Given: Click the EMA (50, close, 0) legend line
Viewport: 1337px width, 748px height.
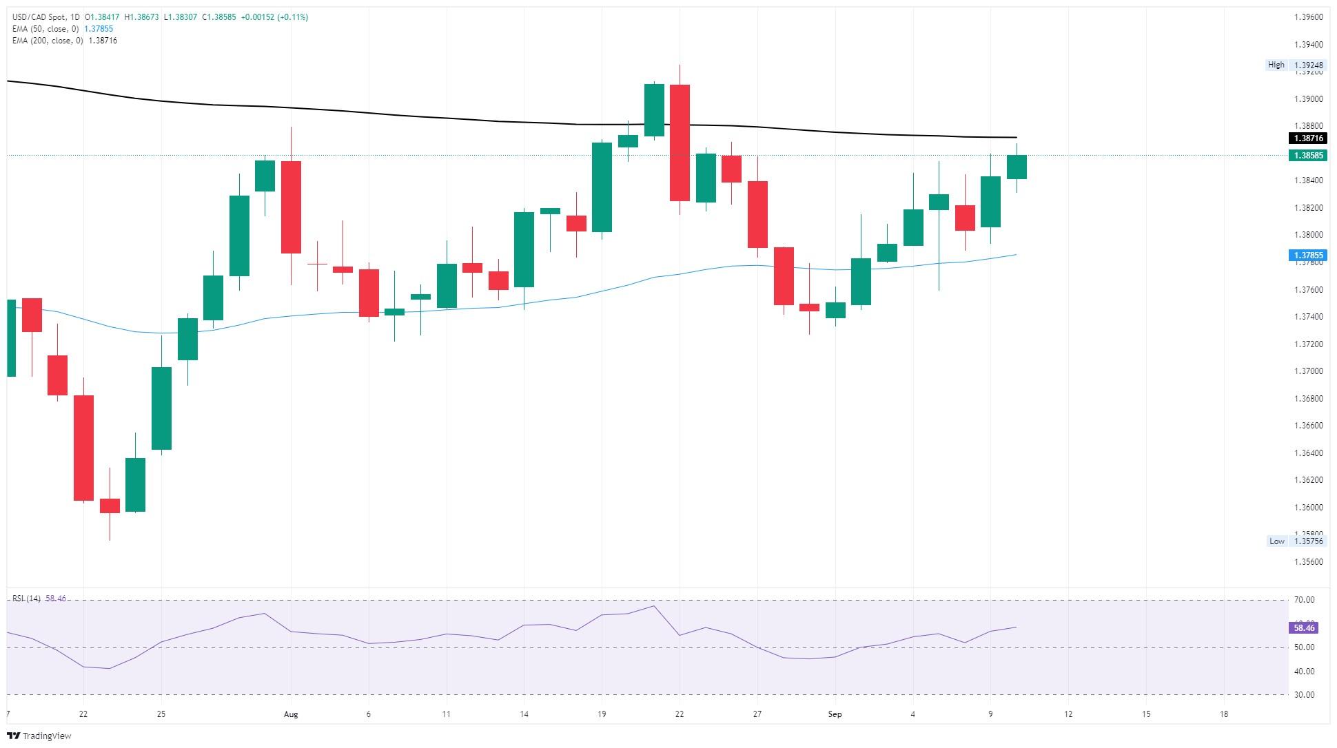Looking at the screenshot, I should point(62,29).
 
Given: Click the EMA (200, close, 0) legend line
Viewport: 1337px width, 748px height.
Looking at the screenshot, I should point(64,41).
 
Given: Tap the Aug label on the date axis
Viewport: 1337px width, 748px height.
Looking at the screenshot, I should point(291,714).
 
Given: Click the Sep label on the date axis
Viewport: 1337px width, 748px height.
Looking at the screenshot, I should point(835,714).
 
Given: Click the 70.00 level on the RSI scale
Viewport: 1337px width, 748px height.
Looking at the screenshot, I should point(1303,600).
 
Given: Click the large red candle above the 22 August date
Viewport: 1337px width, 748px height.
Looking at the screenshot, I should point(680,143).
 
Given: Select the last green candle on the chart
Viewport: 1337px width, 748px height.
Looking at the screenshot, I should point(1017,167).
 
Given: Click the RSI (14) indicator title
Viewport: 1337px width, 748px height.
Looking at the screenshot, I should point(26,599).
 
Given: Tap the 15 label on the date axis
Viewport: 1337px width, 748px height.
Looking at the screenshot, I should point(1146,714).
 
